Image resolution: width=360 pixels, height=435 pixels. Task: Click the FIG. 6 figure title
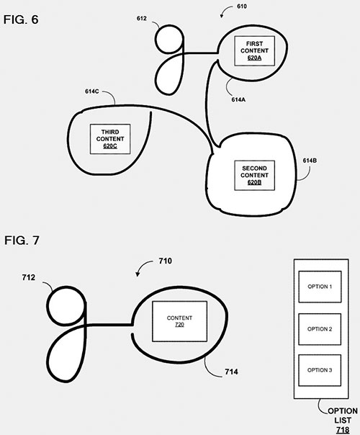(x=21, y=19)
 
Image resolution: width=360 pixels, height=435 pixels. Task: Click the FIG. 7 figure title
(x=22, y=241)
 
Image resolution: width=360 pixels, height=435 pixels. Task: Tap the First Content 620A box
(x=255, y=50)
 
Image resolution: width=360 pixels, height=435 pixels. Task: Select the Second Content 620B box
(x=255, y=175)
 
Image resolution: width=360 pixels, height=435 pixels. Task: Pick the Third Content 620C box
(x=110, y=139)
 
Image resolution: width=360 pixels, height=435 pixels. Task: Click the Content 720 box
(x=179, y=321)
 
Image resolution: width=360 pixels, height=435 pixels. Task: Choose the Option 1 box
(x=320, y=287)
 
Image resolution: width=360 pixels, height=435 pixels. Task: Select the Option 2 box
(x=320, y=329)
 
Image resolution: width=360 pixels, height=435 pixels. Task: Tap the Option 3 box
(x=320, y=370)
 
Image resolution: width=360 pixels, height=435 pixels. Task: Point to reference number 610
(x=242, y=6)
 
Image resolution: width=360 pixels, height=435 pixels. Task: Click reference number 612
(x=142, y=18)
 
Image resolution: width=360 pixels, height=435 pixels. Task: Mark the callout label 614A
(x=238, y=99)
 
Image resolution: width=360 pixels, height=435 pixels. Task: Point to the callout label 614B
(x=310, y=161)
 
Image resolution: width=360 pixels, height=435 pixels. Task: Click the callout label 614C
(x=92, y=91)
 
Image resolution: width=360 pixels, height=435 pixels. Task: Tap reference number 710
(x=166, y=261)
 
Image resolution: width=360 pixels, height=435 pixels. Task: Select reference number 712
(x=29, y=277)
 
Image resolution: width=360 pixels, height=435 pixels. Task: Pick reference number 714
(x=232, y=372)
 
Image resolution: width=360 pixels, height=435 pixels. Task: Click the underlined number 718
(x=343, y=430)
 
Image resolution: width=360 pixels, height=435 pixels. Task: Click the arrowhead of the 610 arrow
(x=221, y=16)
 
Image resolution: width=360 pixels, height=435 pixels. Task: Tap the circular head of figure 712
(x=66, y=305)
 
